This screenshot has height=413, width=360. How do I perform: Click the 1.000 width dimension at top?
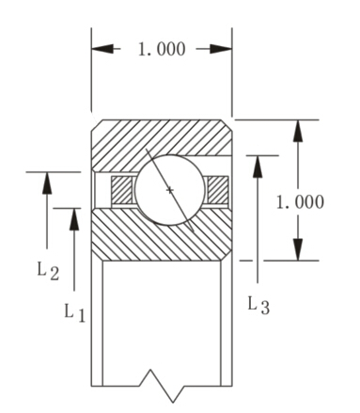point(162,49)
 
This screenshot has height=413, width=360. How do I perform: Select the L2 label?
point(48,272)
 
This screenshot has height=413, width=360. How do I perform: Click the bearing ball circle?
point(170,191)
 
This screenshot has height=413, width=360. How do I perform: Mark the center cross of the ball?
point(170,191)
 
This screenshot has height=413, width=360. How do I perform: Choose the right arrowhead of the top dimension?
point(223,49)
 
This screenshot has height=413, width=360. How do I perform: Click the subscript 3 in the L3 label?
point(267,310)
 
